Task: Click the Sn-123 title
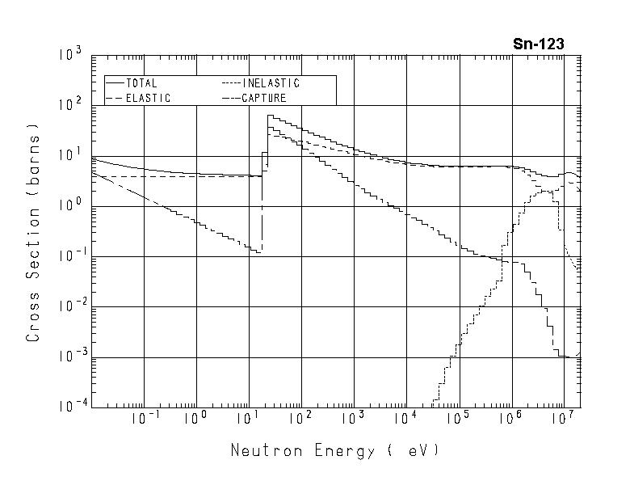pyautogui.click(x=538, y=44)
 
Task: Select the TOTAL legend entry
pyautogui.click(x=141, y=83)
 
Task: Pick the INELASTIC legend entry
pyautogui.click(x=271, y=83)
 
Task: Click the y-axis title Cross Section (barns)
pyautogui.click(x=33, y=233)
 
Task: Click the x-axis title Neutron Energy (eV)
pyautogui.click(x=335, y=450)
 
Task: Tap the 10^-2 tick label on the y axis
pyautogui.click(x=69, y=307)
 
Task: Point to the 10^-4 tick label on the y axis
pyautogui.click(x=69, y=407)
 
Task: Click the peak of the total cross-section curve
pyautogui.click(x=271, y=116)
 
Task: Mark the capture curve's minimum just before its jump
pyautogui.click(x=258, y=252)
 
